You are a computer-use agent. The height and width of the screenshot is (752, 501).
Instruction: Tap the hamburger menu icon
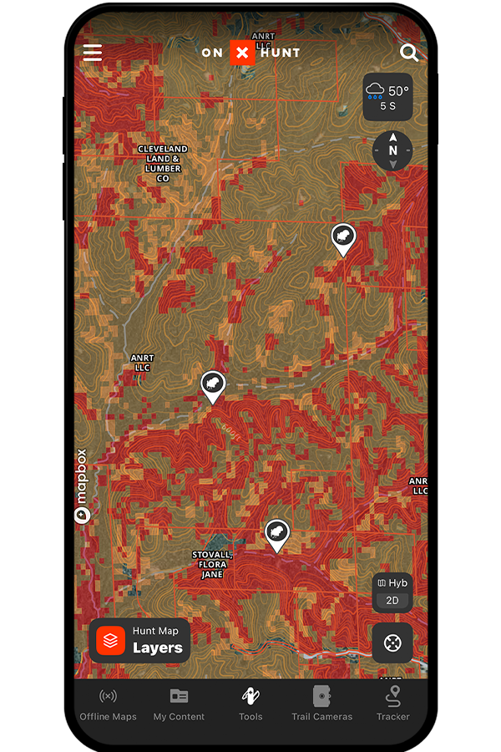[93, 53]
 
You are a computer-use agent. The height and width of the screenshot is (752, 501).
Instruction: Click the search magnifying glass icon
[409, 53]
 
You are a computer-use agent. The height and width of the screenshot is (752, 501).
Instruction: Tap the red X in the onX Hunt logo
[242, 53]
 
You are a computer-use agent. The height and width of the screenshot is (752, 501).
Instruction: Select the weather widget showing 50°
[387, 97]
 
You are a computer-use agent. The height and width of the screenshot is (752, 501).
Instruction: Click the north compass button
[392, 150]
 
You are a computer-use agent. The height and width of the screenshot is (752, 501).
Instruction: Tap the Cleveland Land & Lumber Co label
[163, 164]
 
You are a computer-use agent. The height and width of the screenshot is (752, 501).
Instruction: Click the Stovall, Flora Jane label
[212, 565]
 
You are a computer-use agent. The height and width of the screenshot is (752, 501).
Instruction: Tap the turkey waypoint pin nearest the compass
[342, 238]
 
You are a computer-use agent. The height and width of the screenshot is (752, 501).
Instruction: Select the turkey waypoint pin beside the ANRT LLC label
[214, 385]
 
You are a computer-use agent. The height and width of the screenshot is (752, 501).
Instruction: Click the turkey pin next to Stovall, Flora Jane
[276, 533]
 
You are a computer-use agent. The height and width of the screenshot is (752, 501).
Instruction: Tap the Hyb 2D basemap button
[392, 592]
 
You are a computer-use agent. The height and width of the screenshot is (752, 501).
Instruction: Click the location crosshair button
[392, 643]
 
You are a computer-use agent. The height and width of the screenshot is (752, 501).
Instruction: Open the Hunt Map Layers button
[140, 640]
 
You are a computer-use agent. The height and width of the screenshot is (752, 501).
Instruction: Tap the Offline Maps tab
[108, 704]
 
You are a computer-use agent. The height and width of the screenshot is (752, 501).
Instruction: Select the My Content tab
[179, 704]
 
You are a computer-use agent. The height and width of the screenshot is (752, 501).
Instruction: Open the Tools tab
[250, 704]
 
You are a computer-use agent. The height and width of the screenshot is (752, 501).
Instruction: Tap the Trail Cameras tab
[321, 704]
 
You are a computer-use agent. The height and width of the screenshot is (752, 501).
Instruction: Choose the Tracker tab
[393, 704]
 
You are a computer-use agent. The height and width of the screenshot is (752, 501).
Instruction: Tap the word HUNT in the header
[280, 53]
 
